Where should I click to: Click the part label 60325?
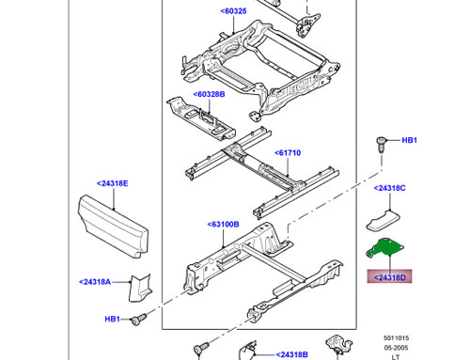pos(233,11)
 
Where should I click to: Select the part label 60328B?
pos(209,94)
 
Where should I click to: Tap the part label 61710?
pos(288,153)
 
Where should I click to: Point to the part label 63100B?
pos(223,225)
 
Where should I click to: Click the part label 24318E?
pos(113,183)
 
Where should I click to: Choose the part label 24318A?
pos(95,282)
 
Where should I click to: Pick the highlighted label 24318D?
pos(390,277)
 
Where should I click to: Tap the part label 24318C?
pos(390,188)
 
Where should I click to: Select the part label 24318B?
pos(291,354)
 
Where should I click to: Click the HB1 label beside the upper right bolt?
pos(409,140)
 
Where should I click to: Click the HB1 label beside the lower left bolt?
pos(112,320)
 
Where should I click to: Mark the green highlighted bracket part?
pos(385,248)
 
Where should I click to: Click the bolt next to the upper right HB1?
pos(381,145)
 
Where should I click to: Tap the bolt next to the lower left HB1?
pos(138,320)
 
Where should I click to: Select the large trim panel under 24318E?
pos(113,227)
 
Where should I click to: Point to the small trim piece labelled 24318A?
pos(140,288)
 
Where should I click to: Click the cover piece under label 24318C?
pos(384,221)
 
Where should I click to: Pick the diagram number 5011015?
pos(397,338)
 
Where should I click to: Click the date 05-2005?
pos(397,348)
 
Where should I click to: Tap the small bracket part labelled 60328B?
pos(201,118)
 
